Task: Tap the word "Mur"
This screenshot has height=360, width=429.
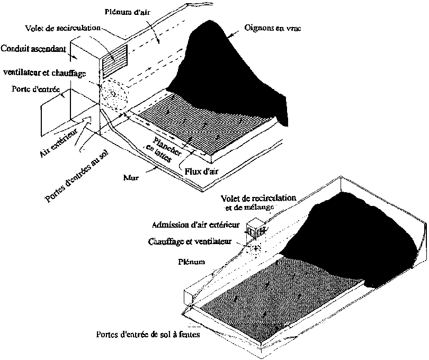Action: (131, 178)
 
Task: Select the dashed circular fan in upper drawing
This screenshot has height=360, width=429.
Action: (114, 94)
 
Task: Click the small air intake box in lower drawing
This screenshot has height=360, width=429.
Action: (255, 229)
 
